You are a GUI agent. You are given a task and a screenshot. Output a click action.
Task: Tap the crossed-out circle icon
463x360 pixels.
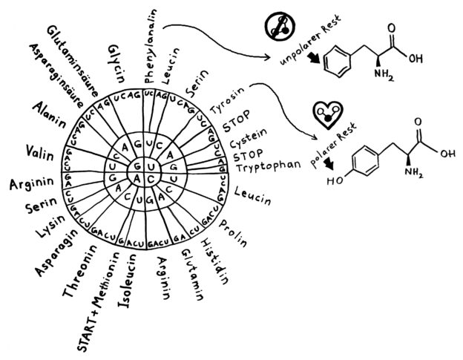pos(280,28)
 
